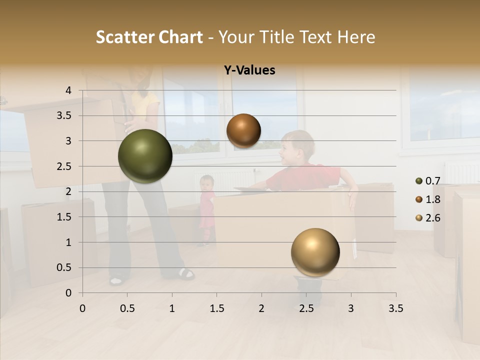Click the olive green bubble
point(145,156)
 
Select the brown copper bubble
point(243,130)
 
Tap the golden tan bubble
point(315,252)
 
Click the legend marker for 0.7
point(419,181)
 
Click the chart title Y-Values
point(249,70)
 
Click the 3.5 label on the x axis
point(395,308)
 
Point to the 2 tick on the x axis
point(261,308)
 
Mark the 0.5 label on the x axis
point(127,308)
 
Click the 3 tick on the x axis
point(351,308)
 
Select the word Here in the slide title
point(356,37)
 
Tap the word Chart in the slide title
point(181,37)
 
